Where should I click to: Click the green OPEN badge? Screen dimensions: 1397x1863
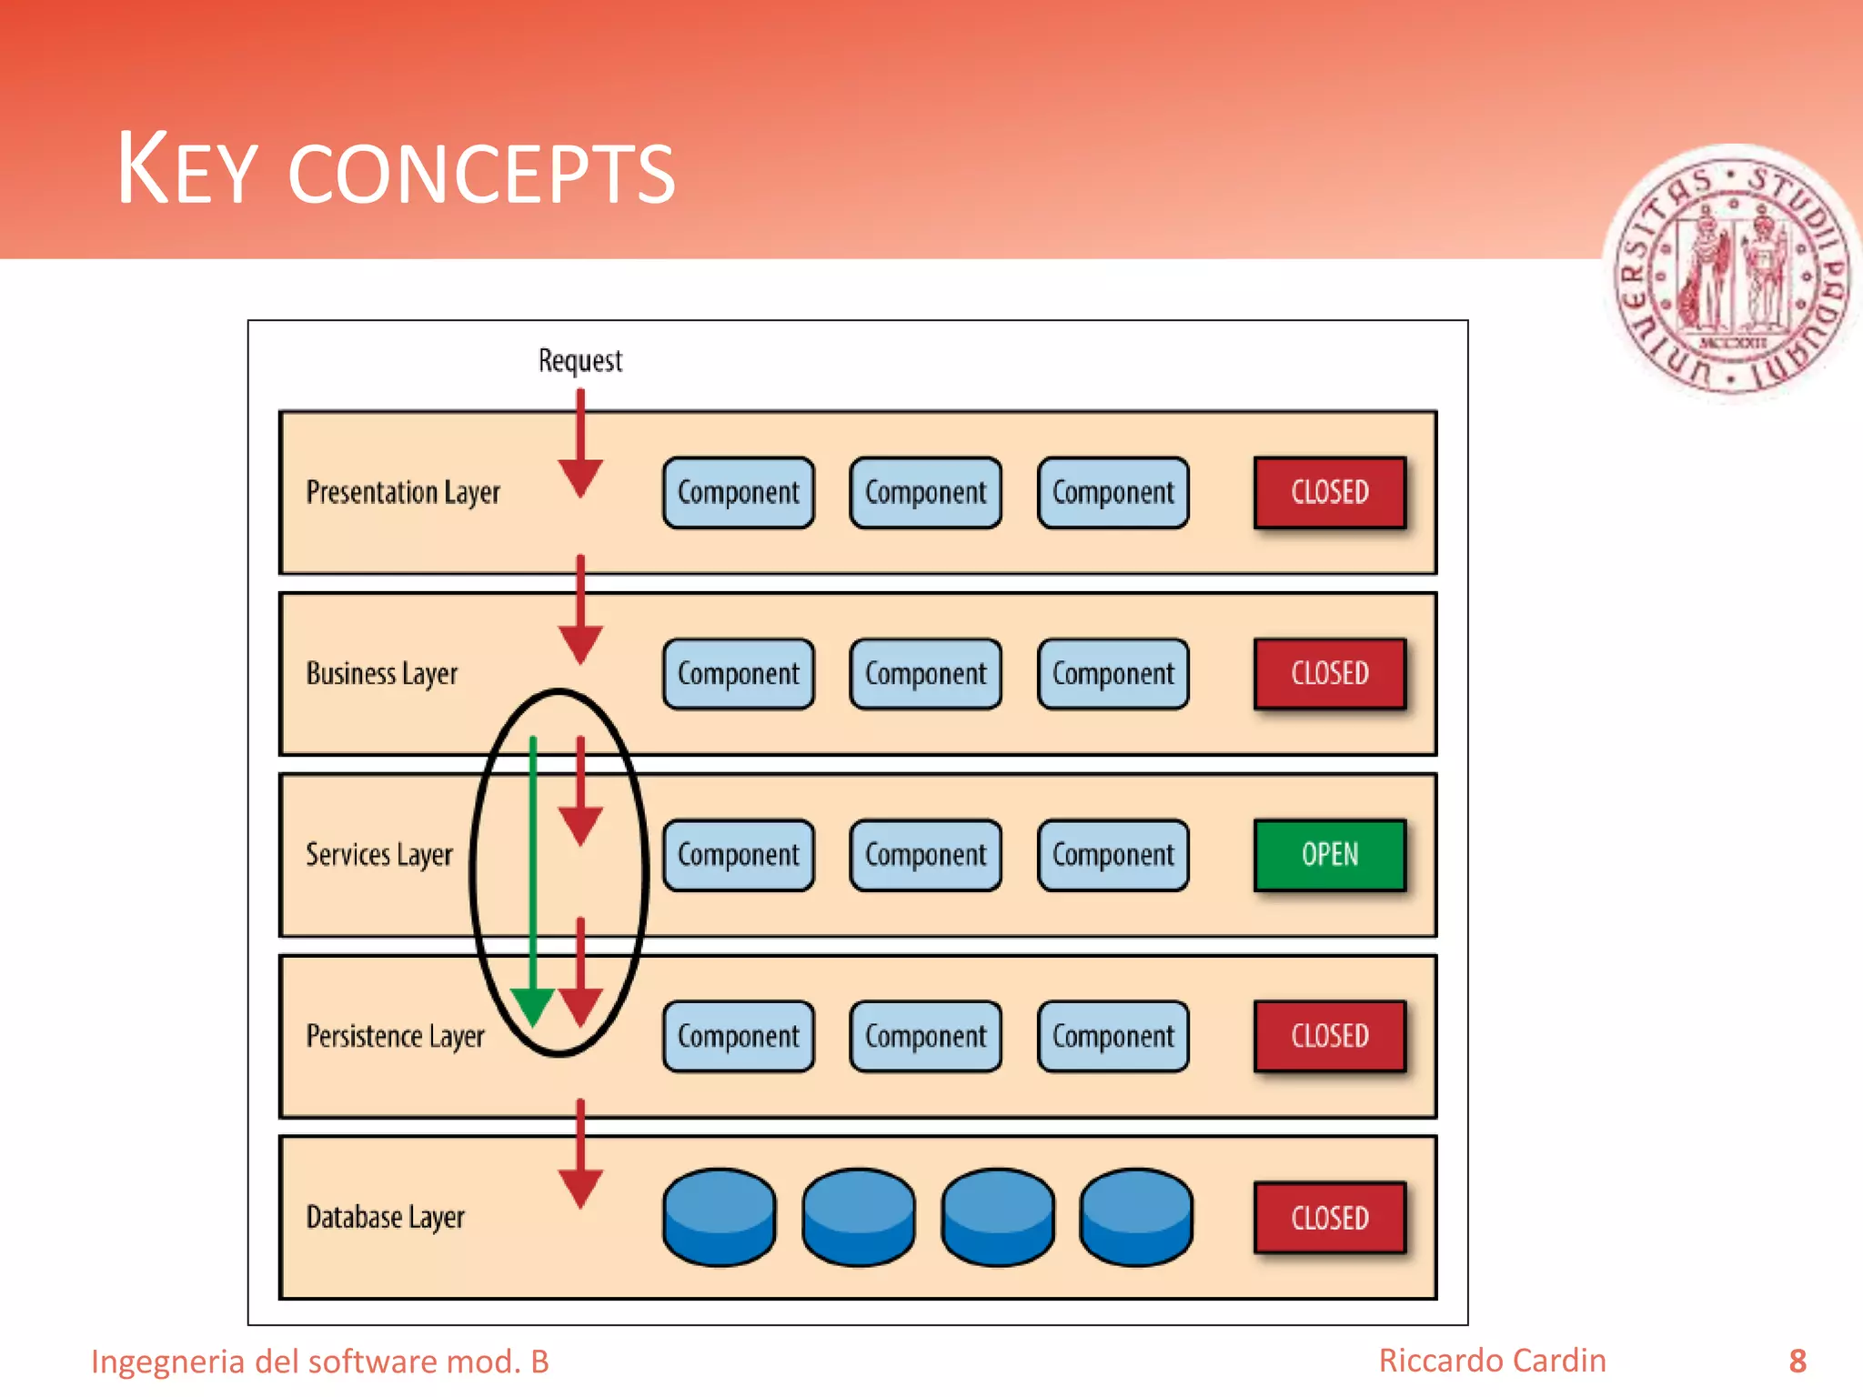tap(1329, 855)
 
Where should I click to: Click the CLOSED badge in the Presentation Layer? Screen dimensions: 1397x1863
tap(1329, 492)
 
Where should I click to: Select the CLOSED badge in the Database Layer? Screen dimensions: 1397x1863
tap(1329, 1217)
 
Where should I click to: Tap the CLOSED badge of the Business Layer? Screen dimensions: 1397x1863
tap(1329, 673)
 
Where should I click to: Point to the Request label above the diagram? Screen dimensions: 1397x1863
tap(580, 361)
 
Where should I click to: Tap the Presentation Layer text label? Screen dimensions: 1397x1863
tap(403, 492)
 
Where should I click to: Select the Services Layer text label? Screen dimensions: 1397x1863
tap(379, 855)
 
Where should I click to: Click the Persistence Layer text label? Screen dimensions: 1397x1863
tap(396, 1036)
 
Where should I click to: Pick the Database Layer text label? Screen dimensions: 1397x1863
tap(386, 1217)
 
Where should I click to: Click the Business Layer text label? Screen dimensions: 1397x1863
tap(382, 674)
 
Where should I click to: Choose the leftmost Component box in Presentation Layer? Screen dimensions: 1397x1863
tap(739, 492)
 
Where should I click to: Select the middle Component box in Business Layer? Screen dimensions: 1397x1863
tap(926, 674)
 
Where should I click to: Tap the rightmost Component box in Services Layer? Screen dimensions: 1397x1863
tap(1113, 855)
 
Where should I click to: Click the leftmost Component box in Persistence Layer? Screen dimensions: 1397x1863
tap(739, 1036)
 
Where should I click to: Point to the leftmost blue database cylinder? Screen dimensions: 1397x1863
tap(720, 1217)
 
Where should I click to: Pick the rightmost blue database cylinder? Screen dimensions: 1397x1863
tap(1136, 1217)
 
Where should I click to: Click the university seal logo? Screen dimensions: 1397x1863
tap(1731, 273)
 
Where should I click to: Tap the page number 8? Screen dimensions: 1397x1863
tap(1798, 1362)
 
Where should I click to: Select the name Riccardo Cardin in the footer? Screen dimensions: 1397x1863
tap(1492, 1361)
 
